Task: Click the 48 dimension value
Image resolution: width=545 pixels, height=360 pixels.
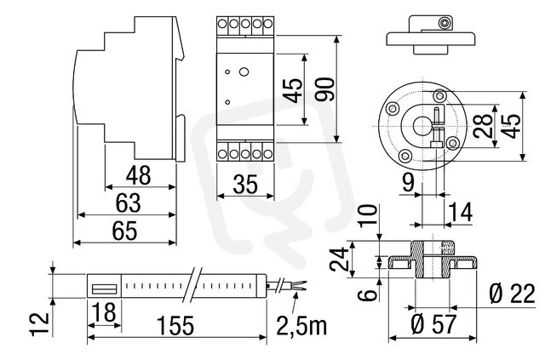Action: [138, 175]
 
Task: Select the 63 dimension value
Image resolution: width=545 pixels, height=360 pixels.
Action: [129, 203]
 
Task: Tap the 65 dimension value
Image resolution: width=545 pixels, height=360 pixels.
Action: [125, 231]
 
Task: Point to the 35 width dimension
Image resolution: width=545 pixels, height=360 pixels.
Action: [245, 184]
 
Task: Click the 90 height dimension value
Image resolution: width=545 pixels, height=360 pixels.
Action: [325, 89]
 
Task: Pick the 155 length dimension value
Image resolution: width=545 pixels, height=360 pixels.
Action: [175, 326]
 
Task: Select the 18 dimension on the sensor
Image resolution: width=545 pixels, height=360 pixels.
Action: [104, 311]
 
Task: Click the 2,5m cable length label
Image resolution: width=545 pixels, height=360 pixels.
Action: [301, 326]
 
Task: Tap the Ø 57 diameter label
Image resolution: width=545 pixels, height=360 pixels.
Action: [433, 324]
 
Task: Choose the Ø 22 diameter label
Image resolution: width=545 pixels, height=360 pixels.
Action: [512, 294]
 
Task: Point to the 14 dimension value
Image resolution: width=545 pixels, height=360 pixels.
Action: [461, 212]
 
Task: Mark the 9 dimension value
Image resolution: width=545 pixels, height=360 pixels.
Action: [408, 182]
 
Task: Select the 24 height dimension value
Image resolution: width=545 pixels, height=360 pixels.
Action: [339, 259]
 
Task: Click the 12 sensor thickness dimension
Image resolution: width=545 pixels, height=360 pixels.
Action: [39, 324]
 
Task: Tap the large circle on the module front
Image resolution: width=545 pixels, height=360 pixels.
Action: [244, 72]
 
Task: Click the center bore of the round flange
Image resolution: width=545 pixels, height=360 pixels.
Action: [422, 126]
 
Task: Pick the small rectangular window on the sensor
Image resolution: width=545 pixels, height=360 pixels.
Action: [104, 289]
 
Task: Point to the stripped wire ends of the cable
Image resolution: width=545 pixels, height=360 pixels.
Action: [300, 286]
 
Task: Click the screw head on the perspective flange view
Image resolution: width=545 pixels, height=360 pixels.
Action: [444, 23]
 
